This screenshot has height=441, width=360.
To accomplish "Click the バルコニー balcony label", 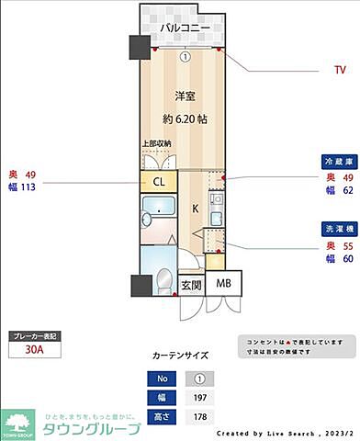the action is click(182, 28).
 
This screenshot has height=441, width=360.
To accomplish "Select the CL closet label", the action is click(158, 182).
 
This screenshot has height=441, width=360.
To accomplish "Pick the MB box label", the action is click(224, 284).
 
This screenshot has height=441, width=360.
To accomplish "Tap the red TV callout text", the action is click(340, 69).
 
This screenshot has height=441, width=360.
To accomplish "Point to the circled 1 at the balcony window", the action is click(185, 56).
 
